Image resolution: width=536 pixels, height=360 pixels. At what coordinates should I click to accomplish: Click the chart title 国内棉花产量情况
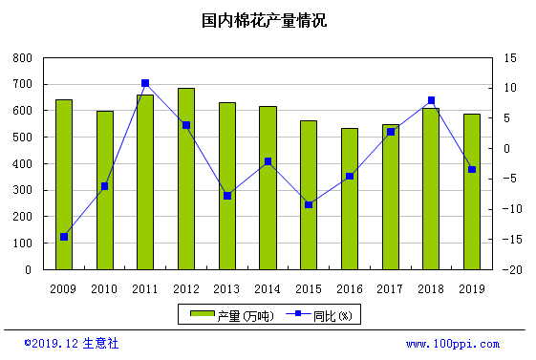tap(264, 20)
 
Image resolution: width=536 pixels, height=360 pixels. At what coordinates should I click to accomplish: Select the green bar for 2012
tap(186, 179)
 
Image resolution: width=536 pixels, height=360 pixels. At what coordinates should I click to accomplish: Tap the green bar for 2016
tap(350, 200)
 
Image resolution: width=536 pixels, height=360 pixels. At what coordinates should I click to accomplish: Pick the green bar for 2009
tap(64, 185)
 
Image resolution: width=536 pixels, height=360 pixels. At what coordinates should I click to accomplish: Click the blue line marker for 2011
tap(145, 83)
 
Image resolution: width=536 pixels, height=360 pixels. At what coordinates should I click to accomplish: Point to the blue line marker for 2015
tap(309, 205)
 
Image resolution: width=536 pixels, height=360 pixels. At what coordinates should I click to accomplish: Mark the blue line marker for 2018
tap(431, 100)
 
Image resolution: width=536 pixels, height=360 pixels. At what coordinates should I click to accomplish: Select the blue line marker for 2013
tap(227, 196)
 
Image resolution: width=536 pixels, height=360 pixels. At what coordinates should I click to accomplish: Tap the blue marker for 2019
tap(472, 169)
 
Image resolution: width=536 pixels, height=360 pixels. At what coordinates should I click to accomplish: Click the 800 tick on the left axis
tap(23, 58)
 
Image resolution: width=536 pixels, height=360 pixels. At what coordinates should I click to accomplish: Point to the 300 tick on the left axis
tap(23, 190)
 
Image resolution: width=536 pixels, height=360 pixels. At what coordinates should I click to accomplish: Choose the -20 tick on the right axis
tap(512, 270)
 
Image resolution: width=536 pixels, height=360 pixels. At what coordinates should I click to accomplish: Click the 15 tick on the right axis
tap(510, 58)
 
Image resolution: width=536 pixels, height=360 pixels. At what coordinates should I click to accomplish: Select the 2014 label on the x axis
tap(268, 289)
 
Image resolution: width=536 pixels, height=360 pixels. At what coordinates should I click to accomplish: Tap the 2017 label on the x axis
tap(390, 289)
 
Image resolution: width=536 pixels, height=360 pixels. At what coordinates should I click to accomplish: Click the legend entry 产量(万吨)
tap(232, 316)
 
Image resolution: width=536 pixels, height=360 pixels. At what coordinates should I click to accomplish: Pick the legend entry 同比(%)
tap(319, 316)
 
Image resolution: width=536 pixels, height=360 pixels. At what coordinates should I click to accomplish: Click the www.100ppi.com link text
tap(453, 344)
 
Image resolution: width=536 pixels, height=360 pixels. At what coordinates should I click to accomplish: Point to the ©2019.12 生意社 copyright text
tap(72, 343)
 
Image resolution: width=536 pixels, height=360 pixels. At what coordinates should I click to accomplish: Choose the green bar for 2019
tap(472, 192)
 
